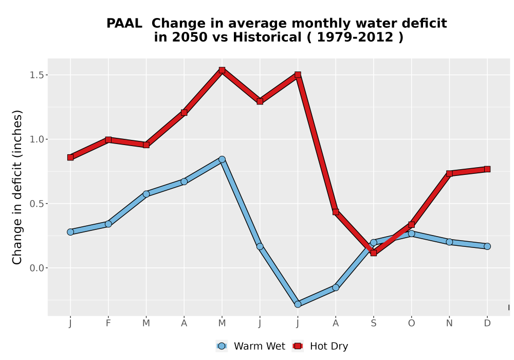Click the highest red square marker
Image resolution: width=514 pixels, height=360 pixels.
[x=222, y=70]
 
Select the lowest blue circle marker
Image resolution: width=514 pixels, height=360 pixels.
[x=298, y=304]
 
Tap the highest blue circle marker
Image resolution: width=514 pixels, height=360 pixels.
[x=222, y=159]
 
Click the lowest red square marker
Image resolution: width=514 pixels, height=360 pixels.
[x=373, y=253]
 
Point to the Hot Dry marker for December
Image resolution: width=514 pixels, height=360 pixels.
[x=487, y=169]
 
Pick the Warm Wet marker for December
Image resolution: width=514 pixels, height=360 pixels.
[x=487, y=246]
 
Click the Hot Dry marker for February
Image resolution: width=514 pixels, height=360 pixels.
[x=108, y=140]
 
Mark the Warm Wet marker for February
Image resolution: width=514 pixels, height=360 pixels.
[x=108, y=224]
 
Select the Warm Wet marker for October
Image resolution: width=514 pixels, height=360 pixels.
[x=411, y=233]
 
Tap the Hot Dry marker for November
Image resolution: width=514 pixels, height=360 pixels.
[x=449, y=173]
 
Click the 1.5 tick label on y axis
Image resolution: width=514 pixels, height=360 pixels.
[x=36, y=75]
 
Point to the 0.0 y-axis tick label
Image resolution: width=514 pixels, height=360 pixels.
[x=36, y=268]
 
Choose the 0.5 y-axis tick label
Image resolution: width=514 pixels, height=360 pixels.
[x=36, y=204]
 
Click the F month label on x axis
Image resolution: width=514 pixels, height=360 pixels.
[x=108, y=323]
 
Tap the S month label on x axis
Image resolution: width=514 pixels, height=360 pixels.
[x=373, y=323]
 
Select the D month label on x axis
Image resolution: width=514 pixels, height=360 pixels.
[x=487, y=323]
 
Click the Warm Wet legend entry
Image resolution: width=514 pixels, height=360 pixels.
[x=250, y=346]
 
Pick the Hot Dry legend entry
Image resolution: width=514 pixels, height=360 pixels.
[x=320, y=346]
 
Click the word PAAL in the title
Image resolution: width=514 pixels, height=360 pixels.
[x=124, y=23]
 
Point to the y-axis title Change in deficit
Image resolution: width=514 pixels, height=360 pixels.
[x=17, y=187]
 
